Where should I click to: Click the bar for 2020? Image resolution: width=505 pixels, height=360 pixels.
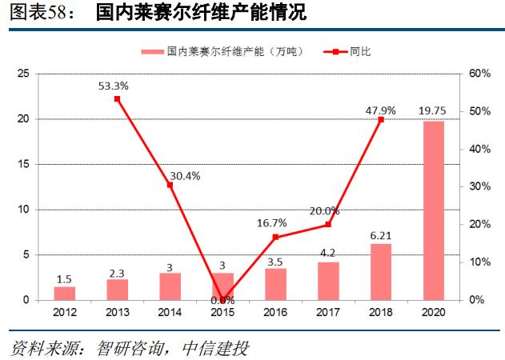pos(433,210)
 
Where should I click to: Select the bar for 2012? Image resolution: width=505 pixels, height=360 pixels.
pos(65,293)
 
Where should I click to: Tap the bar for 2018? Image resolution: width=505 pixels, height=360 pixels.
pos(381,272)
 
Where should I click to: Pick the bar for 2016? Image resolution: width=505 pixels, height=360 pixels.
pos(275,284)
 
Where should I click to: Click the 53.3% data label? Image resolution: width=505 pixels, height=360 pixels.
pos(112,85)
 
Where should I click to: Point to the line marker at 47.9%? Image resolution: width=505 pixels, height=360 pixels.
pos(381,119)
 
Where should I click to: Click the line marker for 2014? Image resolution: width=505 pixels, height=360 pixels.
pos(170,185)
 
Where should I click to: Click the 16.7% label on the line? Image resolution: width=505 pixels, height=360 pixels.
pos(274,222)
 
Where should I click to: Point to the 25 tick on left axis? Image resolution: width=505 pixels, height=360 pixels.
pos(24,74)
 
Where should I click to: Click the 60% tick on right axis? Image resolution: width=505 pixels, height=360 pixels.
pos(479,74)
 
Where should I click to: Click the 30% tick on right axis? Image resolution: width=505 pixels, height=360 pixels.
pos(479,186)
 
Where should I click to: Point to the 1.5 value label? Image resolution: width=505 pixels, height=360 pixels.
pos(65,278)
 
